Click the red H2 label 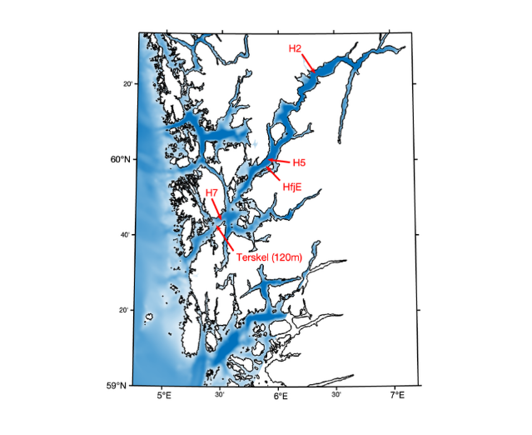click(295, 49)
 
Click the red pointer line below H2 click(307, 63)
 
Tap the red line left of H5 click(281, 160)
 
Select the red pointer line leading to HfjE click(282, 172)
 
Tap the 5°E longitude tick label click(164, 395)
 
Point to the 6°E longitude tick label click(281, 395)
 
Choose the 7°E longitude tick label click(397, 395)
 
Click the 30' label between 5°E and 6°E click(221, 394)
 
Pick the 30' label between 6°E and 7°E click(338, 394)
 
